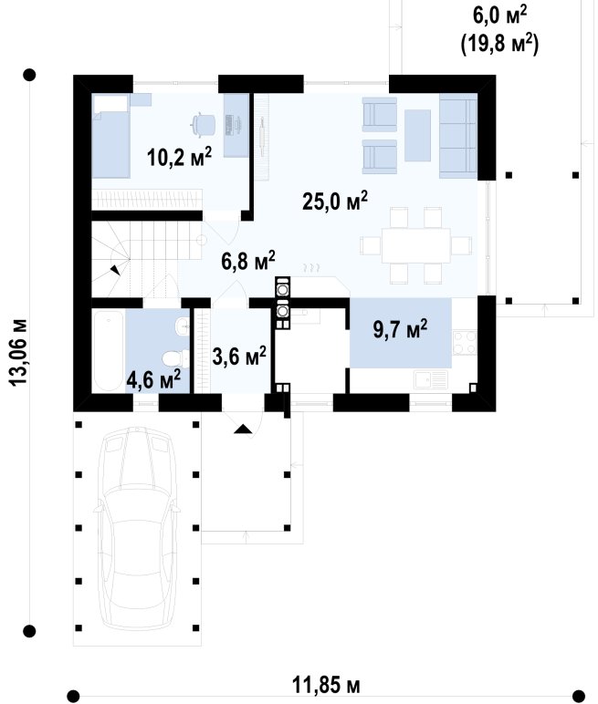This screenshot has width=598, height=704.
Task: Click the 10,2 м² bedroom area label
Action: [x=179, y=157]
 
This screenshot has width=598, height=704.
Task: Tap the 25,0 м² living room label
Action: [x=335, y=201]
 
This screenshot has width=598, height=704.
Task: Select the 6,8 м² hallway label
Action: [x=248, y=261]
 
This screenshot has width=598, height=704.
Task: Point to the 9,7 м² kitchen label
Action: [x=400, y=329]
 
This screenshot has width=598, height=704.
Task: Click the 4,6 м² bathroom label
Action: [x=153, y=379]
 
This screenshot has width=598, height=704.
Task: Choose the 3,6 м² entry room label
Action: [x=239, y=357]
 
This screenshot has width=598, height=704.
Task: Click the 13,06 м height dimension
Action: [x=18, y=352]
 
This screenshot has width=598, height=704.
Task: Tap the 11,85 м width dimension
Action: [x=326, y=685]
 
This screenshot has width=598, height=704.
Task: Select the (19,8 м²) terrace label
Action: [x=499, y=45]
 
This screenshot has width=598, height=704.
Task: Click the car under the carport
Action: [x=137, y=528]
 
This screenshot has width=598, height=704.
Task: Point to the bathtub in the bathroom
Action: [x=109, y=351]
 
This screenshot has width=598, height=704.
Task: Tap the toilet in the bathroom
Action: [x=175, y=357]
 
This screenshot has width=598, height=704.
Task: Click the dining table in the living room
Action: [x=415, y=245]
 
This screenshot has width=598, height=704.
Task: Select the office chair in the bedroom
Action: [x=203, y=123]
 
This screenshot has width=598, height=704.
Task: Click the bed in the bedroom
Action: [x=110, y=136]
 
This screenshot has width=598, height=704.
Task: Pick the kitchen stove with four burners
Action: [x=465, y=343]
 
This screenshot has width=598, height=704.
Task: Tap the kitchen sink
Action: [x=431, y=380]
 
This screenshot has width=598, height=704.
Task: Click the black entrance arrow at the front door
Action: [x=243, y=429]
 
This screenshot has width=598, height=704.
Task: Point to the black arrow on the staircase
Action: [x=116, y=269]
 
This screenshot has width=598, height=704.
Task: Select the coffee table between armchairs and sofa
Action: [x=417, y=135]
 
